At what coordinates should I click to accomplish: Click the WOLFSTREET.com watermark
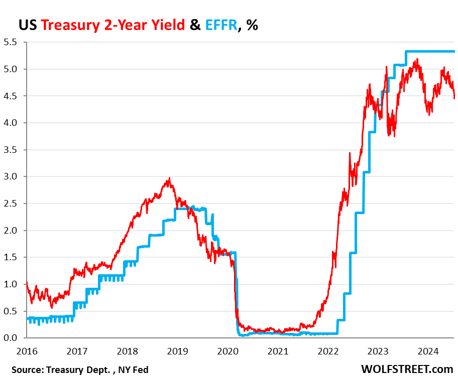click(x=407, y=368)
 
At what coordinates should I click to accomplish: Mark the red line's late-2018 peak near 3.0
click(x=169, y=178)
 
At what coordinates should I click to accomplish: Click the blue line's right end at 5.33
click(x=454, y=51)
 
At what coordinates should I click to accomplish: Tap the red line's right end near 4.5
click(x=454, y=98)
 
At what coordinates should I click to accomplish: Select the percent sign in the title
click(x=252, y=25)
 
